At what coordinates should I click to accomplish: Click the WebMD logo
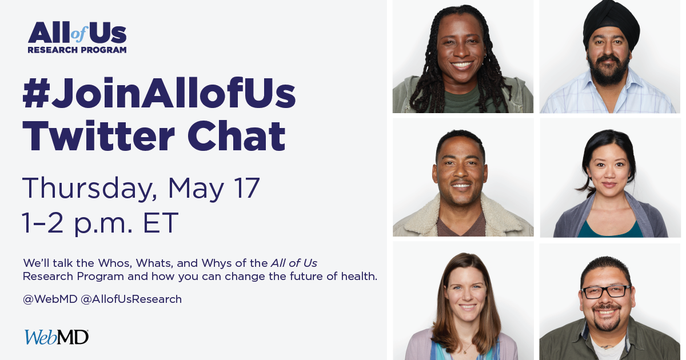click(x=56, y=337)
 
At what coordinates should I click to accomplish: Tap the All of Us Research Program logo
click(x=77, y=38)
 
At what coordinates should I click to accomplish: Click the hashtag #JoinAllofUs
click(x=159, y=95)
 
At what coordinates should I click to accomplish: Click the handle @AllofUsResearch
click(x=131, y=299)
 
